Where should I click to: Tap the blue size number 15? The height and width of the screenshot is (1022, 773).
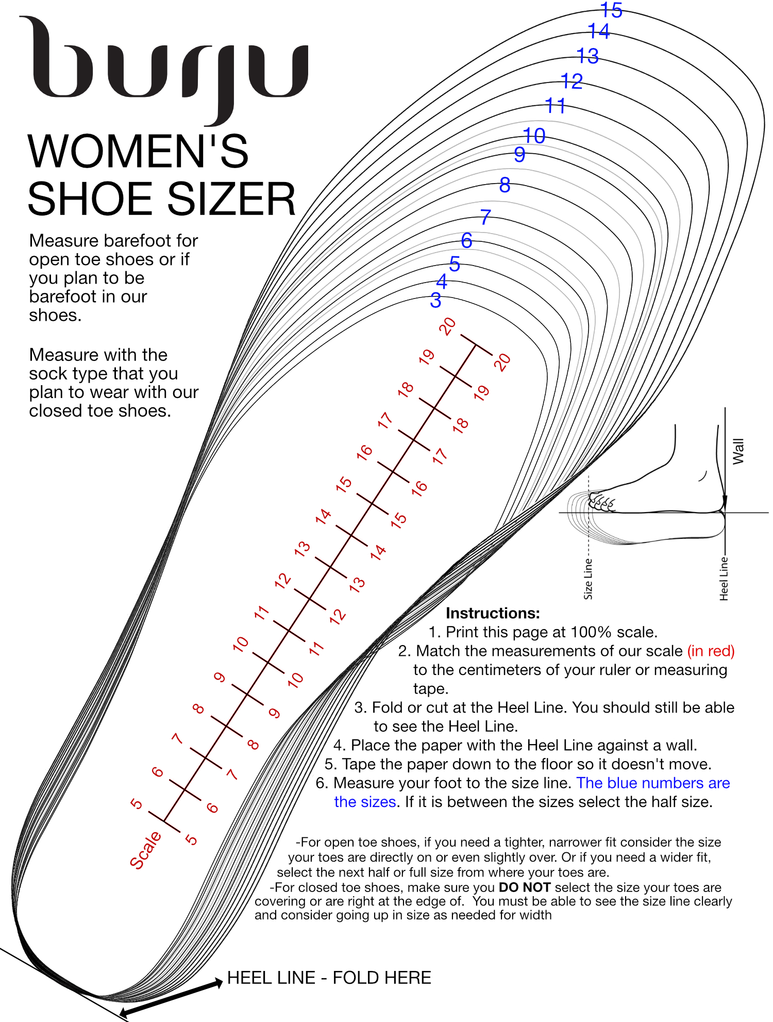(612, 10)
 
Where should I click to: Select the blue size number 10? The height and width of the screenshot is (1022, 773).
(534, 136)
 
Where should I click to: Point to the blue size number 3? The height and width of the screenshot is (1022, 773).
(435, 300)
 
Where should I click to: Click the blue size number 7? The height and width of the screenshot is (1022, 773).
(485, 217)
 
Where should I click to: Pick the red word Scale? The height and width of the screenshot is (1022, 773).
(145, 850)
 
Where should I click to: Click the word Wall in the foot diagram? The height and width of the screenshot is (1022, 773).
(738, 451)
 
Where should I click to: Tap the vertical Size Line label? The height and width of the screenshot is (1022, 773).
(588, 579)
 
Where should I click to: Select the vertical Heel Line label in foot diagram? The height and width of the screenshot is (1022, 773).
(724, 578)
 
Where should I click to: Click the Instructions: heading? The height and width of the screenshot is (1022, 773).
(492, 613)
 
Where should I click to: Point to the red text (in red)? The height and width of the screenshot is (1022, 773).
(711, 651)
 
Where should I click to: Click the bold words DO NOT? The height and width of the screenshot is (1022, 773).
(525, 887)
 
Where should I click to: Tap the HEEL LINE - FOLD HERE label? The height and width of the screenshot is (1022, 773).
(329, 978)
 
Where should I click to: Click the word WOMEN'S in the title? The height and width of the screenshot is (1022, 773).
(138, 152)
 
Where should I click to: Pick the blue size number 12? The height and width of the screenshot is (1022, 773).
(572, 81)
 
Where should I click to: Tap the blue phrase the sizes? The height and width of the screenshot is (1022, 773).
(365, 802)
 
